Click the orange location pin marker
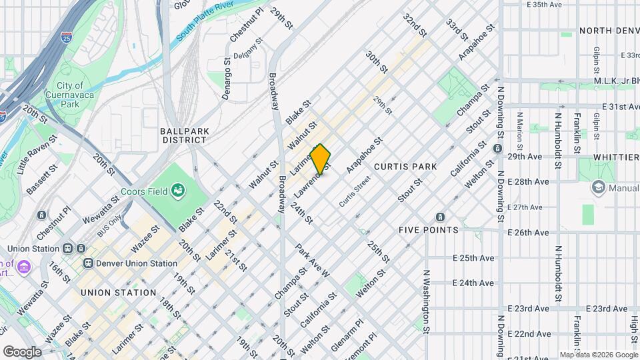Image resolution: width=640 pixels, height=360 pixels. pyautogui.click(x=321, y=159)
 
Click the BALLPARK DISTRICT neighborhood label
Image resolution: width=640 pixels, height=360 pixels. pyautogui.click(x=183, y=135)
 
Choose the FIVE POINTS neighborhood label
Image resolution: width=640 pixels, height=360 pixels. pyautogui.click(x=428, y=230)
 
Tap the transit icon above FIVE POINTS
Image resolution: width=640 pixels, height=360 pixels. pyautogui.click(x=440, y=217)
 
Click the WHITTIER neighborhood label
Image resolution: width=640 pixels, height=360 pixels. pyautogui.click(x=619, y=157)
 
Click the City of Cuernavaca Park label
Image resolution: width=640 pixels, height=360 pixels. pyautogui.click(x=70, y=95)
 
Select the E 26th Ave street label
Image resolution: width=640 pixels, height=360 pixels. pyautogui.click(x=529, y=233)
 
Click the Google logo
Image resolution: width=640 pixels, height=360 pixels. pyautogui.click(x=22, y=351)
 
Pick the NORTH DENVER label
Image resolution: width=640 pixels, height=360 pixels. pyautogui.click(x=609, y=31)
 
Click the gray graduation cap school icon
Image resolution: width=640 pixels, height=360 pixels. pyautogui.click(x=597, y=189)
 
